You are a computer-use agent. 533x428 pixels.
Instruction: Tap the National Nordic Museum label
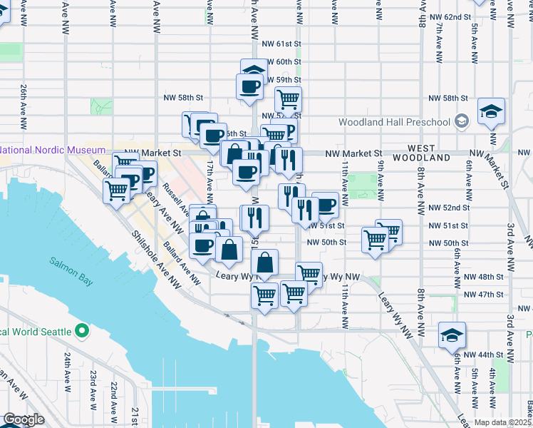(53, 151)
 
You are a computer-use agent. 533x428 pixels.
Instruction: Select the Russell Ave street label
(175, 200)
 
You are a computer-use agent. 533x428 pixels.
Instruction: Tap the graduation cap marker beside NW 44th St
(451, 335)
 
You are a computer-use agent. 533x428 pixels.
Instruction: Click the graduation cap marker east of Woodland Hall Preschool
(492, 111)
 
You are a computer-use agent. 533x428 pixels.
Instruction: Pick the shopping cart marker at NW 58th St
(288, 98)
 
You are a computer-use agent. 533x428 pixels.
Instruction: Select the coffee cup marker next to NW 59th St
(249, 87)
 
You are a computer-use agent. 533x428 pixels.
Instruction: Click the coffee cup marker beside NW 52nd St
(325, 205)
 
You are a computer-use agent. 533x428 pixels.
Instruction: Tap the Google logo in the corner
(23, 419)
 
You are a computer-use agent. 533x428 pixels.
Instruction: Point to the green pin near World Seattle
(82, 331)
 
